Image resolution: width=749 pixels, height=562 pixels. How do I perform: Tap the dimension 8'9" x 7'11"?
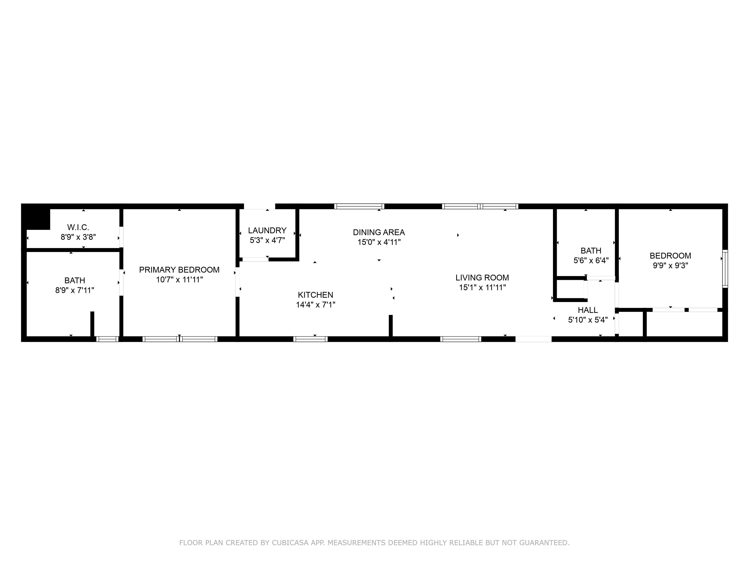tap(75, 290)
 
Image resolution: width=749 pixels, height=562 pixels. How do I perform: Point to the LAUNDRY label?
tap(267, 230)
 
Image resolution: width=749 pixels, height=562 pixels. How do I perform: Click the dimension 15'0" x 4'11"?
tap(379, 242)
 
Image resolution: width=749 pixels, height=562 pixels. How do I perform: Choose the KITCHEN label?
tap(315, 295)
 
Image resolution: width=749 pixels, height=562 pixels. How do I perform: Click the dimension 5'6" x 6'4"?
tap(591, 261)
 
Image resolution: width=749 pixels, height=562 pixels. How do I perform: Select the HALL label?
tap(588, 310)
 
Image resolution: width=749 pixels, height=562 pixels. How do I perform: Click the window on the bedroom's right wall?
tap(725, 269)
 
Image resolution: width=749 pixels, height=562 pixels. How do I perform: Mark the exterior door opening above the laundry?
tap(259, 206)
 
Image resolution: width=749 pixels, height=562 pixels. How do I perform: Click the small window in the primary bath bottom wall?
tap(107, 339)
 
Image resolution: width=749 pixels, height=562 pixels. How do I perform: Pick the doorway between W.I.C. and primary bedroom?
tap(121, 237)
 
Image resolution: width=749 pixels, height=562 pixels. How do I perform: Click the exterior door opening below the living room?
tap(533, 339)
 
